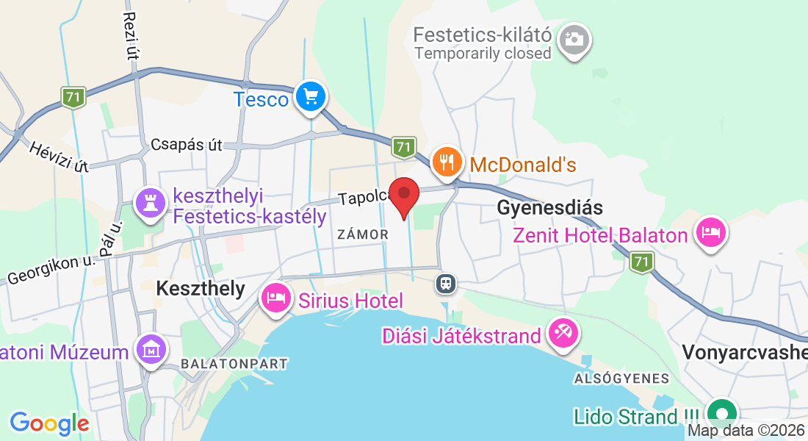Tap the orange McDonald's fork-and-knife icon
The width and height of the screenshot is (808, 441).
(447, 162)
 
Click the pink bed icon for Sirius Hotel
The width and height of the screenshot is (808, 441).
(276, 298)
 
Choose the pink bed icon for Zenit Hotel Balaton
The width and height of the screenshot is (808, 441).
(710, 233)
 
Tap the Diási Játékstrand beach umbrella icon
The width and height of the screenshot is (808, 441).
(563, 334)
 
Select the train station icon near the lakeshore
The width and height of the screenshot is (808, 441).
(444, 283)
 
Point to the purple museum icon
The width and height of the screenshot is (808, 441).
(151, 351)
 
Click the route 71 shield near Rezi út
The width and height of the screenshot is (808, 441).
(73, 97)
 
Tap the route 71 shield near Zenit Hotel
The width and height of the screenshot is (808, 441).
(642, 261)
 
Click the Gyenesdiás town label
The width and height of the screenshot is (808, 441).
(550, 207)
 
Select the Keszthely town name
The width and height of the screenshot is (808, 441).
(201, 288)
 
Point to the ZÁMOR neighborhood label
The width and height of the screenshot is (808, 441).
(362, 234)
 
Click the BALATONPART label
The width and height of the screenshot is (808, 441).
(234, 364)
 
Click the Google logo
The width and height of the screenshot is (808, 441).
(49, 423)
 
